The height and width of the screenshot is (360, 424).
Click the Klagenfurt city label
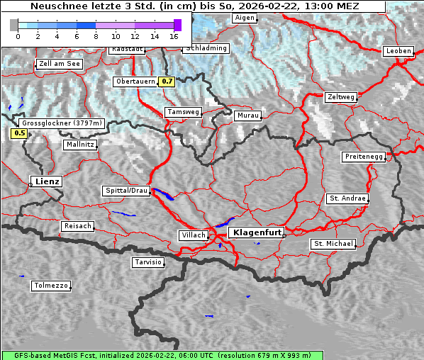click(258, 232)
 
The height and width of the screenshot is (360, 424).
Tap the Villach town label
click(193, 235)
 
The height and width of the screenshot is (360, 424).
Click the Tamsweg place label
click(184, 112)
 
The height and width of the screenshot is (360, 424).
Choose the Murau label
click(248, 115)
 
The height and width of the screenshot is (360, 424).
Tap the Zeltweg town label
click(340, 96)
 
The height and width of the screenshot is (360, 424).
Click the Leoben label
click(398, 51)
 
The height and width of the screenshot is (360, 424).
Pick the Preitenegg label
click(364, 156)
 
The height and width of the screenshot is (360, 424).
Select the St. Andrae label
click(347, 198)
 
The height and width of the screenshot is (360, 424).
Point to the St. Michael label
click(333, 244)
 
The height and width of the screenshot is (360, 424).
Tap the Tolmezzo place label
click(50, 286)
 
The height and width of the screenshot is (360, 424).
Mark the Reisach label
click(77, 226)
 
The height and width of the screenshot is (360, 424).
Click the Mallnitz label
click(79, 144)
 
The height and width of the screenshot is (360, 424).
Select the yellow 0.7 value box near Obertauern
click(167, 81)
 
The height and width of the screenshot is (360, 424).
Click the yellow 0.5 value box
click(19, 133)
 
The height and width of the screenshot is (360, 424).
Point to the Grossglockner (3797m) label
click(62, 123)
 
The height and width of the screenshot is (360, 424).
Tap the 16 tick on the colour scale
click(174, 36)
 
